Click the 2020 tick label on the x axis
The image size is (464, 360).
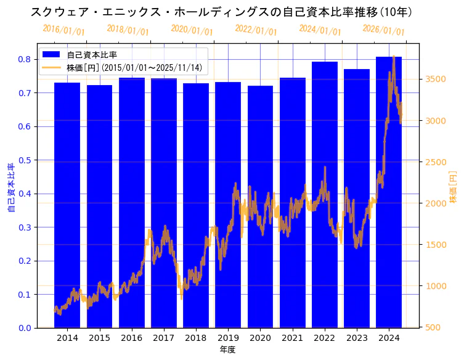260,338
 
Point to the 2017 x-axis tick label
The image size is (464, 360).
163,338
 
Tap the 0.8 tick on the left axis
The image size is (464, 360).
25,59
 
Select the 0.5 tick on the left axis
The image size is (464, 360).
25,160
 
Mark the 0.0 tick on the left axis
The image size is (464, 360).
25,328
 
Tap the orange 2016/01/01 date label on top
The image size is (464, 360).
63,30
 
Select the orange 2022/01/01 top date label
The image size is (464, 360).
256,30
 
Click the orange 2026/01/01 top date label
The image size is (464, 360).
383,30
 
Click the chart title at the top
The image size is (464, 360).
221,12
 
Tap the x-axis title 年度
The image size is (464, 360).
227,350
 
